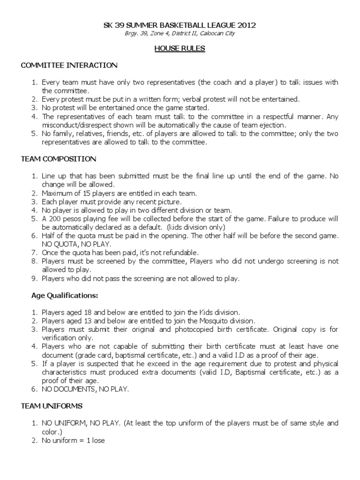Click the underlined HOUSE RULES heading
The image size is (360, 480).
click(180, 48)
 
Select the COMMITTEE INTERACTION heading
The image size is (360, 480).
click(69, 65)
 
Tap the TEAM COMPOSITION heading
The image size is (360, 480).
click(59, 159)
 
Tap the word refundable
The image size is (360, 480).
click(181, 253)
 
